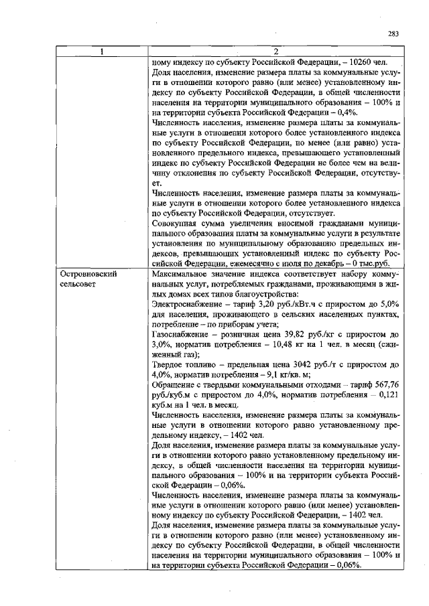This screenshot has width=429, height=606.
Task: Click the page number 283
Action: pyautogui.click(x=394, y=35)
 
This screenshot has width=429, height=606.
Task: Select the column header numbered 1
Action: pyautogui.click(x=103, y=53)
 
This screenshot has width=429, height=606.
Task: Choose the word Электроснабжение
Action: pyautogui.click(x=188, y=305)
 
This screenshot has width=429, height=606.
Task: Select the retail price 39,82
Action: pyautogui.click(x=300, y=334)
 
